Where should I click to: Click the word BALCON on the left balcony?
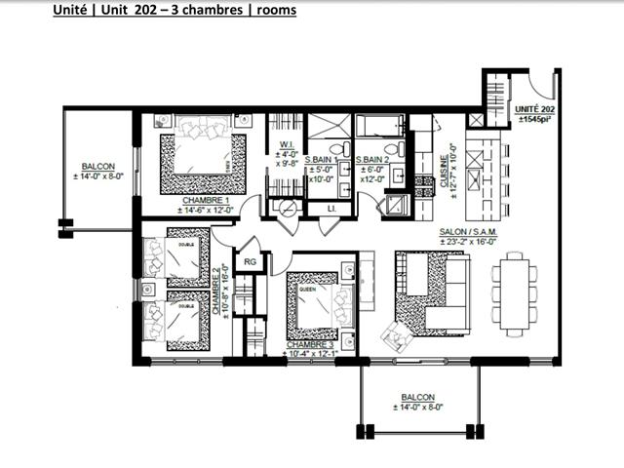pos(97,167)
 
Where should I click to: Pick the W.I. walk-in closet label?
pos(286,144)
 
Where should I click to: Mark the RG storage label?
pos(250,261)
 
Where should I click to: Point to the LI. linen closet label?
pos(331,209)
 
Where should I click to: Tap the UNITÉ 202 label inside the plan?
pos(534,109)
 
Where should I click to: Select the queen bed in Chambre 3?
pos(312,302)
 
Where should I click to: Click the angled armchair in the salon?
pos(401,334)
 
